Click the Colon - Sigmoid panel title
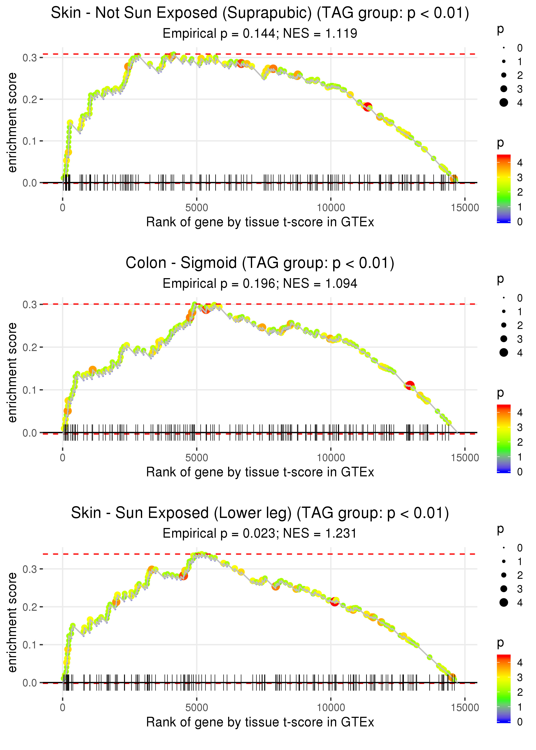point(260,263)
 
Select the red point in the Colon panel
point(410,385)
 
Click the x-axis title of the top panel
point(260,222)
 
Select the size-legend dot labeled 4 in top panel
point(504,103)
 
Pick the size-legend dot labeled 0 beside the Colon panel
point(504,298)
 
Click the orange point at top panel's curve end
point(454,179)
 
